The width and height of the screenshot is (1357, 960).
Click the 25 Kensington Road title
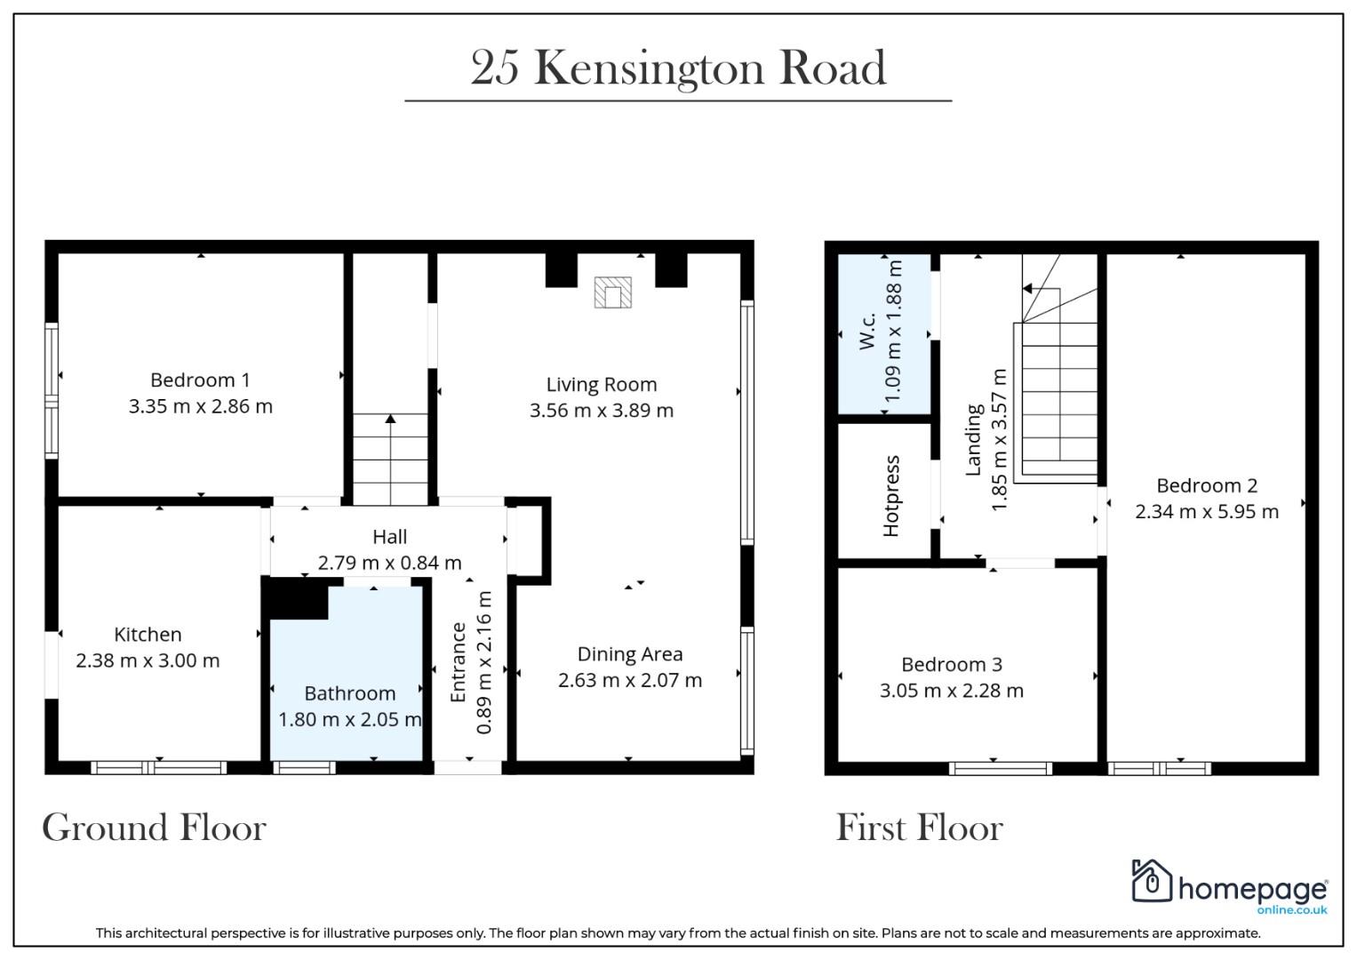(679, 68)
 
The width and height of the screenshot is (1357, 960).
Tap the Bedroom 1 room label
(200, 380)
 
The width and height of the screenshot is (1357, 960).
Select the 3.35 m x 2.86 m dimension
(201, 406)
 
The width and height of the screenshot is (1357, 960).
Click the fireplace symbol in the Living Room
(612, 292)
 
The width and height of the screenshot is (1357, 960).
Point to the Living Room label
(602, 384)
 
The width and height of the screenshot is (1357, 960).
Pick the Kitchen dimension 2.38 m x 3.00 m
(148, 660)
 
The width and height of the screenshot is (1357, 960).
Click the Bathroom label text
(349, 692)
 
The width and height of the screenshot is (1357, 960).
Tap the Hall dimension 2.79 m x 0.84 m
(389, 563)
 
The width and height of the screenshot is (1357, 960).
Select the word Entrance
(458, 662)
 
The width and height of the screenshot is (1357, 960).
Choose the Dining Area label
(630, 654)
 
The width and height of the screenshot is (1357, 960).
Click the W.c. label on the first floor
(867, 331)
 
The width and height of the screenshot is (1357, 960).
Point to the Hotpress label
(890, 496)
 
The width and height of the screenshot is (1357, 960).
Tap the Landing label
(973, 439)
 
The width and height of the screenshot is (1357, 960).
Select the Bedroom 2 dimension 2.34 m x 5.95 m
(1207, 511)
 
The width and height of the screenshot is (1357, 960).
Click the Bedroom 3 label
(952, 664)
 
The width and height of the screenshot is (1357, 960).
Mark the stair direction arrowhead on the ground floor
(391, 418)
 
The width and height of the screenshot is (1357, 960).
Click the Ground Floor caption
(154, 827)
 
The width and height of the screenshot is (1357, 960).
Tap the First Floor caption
(919, 827)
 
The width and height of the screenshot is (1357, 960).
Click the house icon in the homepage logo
(1152, 881)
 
